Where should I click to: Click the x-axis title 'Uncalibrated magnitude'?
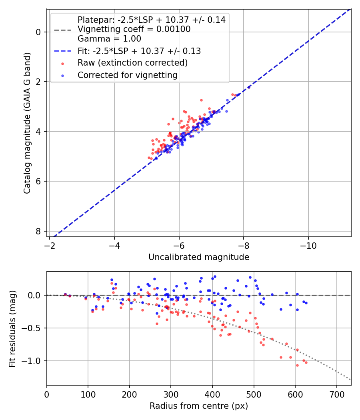tap(199, 257)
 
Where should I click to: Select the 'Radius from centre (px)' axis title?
tap(199, 406)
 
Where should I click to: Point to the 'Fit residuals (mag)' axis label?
tap(12, 328)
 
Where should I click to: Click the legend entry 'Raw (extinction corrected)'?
tap(132, 63)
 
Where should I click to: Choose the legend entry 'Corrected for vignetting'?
tap(127, 75)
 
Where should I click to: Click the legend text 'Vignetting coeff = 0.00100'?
tap(134, 29)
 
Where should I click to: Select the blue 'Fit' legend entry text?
tap(139, 51)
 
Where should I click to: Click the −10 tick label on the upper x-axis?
tap(308, 244)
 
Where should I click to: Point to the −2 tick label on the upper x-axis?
tap(50, 244)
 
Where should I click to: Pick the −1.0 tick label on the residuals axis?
tap(32, 361)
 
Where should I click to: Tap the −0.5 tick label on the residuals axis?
tap(32, 328)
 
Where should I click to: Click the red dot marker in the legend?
tap(62, 63)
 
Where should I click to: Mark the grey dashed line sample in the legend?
tap(62, 30)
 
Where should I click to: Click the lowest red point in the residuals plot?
tap(297, 365)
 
